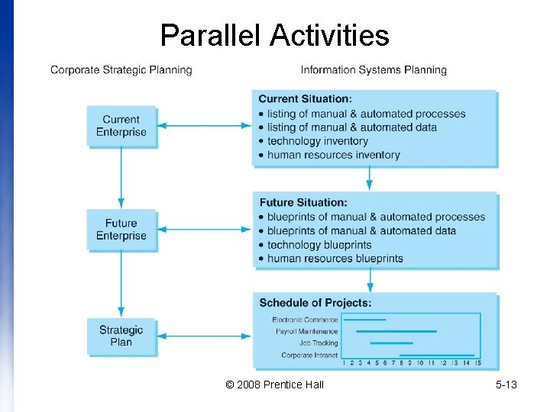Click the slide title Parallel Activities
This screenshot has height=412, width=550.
point(274,35)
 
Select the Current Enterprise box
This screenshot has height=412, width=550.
point(121,126)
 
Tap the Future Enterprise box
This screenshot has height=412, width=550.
point(121,230)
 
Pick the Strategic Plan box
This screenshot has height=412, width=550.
point(121,336)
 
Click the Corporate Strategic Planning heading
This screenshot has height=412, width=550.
point(121,70)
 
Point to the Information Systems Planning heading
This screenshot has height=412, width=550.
point(374,70)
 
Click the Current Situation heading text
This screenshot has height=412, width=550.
point(305,99)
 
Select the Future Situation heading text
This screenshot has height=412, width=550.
point(303,203)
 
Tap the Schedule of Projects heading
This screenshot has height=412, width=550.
point(315,304)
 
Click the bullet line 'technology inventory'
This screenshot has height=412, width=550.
point(318,141)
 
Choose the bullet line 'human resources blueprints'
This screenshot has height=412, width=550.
point(335,259)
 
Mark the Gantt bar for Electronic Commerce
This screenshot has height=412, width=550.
point(365,320)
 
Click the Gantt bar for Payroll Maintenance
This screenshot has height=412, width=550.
point(396,331)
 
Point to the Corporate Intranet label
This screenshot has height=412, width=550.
point(309,356)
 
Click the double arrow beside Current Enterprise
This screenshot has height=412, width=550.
point(203,126)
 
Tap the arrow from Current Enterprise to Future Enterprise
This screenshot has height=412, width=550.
point(121,179)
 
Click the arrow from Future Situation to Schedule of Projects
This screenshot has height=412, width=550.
point(370,281)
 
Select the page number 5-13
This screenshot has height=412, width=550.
point(506,385)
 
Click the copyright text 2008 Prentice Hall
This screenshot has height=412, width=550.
point(275,385)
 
